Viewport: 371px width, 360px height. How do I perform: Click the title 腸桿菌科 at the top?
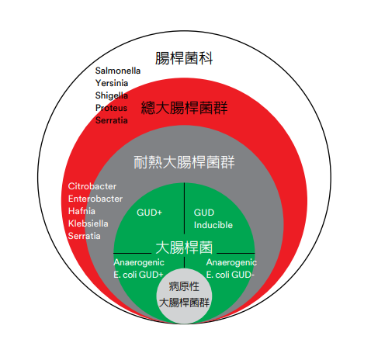(x=184, y=58)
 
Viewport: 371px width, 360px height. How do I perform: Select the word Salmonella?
(x=118, y=71)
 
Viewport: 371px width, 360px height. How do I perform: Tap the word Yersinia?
(x=112, y=83)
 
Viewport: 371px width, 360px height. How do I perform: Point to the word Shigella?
(x=112, y=95)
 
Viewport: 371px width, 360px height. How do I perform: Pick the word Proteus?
(x=111, y=108)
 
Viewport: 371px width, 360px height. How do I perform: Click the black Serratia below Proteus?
(x=112, y=120)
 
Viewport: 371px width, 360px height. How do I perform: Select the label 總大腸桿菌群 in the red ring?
(x=184, y=108)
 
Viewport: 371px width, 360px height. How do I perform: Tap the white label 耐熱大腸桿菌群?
(x=184, y=162)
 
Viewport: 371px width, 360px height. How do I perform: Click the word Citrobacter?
(x=92, y=186)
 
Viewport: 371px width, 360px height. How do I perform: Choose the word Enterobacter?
(x=95, y=199)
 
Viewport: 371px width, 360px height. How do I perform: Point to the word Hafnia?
(x=81, y=211)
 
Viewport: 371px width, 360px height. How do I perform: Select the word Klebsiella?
(x=88, y=223)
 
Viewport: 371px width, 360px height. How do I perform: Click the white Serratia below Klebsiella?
(x=85, y=236)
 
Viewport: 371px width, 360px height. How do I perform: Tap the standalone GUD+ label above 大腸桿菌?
(x=149, y=213)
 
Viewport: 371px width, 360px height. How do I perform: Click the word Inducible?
(x=213, y=225)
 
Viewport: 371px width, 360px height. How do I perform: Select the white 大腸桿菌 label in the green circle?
(x=184, y=247)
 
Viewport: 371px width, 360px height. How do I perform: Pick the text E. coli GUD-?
(x=231, y=275)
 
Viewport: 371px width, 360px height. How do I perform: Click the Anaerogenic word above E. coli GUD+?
(x=139, y=262)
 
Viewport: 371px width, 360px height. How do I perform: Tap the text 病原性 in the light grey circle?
(x=184, y=286)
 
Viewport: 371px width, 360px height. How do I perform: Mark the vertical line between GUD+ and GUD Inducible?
(x=184, y=209)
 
